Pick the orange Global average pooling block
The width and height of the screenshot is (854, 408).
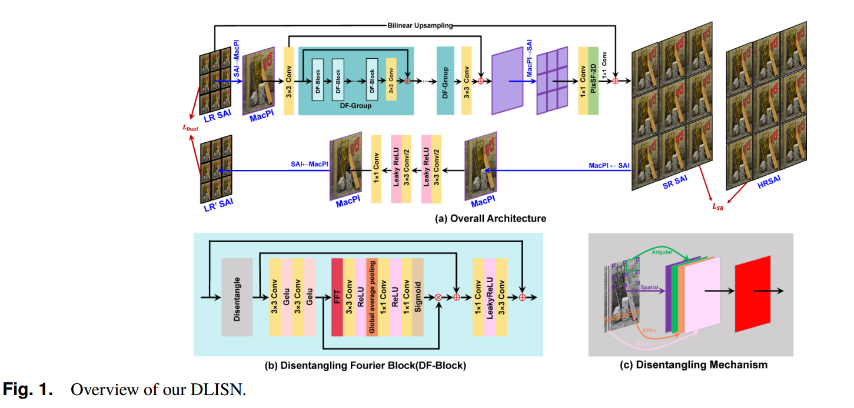point(371,297)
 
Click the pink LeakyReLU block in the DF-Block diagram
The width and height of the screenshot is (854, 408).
point(489,297)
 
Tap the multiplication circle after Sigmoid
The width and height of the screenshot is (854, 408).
point(438,297)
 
